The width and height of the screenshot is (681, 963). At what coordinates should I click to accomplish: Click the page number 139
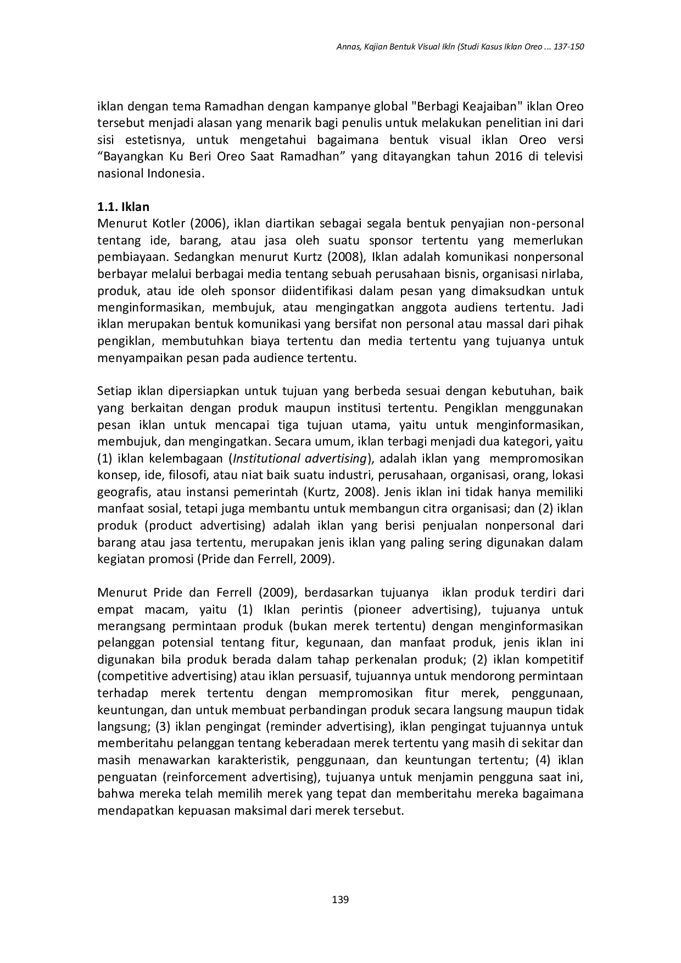coord(340,899)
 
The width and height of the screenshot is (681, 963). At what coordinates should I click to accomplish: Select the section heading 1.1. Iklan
coord(123,207)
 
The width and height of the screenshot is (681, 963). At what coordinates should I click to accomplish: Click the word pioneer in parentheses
coord(382,609)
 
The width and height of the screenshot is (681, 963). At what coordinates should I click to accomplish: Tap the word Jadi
coord(572,308)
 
